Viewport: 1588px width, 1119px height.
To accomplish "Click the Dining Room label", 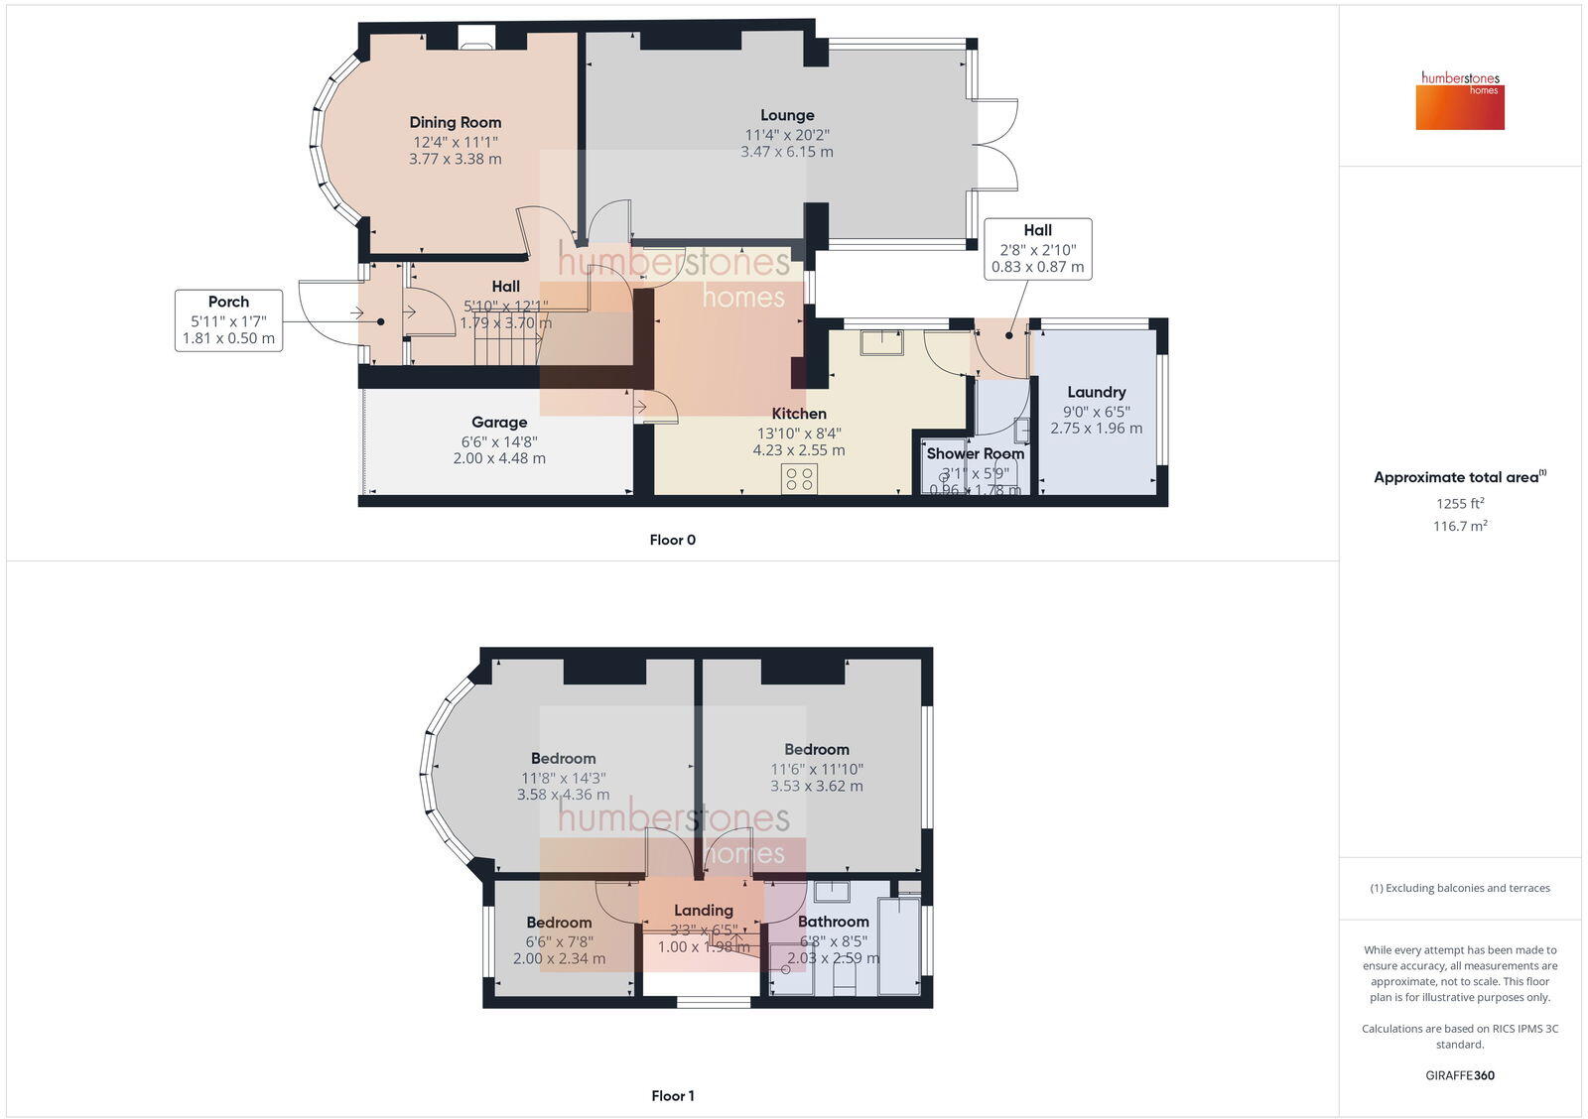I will point(455,122).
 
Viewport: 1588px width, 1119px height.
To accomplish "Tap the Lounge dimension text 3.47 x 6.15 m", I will point(787,153).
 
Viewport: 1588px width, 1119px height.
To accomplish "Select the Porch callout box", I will point(228,319).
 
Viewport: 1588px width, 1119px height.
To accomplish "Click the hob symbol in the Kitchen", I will point(799,479).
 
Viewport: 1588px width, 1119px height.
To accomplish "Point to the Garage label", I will point(499,423).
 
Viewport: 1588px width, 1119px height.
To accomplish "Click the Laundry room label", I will point(1096,392).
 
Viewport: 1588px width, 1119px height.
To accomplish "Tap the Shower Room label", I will point(975,453).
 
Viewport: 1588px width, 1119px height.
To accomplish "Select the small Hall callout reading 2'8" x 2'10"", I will point(1037,249).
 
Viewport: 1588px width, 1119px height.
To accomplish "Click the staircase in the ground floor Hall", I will point(506,348).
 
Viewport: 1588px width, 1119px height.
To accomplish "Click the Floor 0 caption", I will point(672,540).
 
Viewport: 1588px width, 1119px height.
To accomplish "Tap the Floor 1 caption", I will point(672,1095).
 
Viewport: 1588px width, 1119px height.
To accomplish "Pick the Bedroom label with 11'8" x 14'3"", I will point(563,759).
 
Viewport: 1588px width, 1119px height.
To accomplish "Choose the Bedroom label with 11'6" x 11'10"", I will point(816,750).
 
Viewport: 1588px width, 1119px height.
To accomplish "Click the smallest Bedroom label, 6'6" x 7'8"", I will point(559,923).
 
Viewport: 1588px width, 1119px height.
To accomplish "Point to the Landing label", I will point(703,911).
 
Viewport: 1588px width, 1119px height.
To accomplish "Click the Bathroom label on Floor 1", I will point(833,922).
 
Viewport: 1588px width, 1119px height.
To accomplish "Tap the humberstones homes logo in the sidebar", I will point(1460,100).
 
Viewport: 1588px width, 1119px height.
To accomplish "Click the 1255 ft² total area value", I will point(1459,503).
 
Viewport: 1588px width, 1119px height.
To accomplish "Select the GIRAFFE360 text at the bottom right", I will point(1459,1075).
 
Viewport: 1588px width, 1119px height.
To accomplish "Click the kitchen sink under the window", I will point(881,342).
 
